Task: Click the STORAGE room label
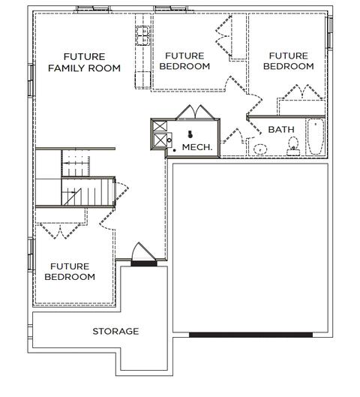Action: point(115,331)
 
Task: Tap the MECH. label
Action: point(197,147)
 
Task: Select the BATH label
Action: point(281,130)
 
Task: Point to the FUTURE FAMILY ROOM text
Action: point(84,62)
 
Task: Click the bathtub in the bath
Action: point(316,137)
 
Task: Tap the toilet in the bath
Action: point(293,146)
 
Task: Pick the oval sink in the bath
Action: point(260,149)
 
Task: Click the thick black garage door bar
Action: point(250,335)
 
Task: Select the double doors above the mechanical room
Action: point(195,112)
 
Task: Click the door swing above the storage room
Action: point(143,251)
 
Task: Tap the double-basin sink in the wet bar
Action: point(142,35)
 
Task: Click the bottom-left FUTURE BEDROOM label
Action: point(70,272)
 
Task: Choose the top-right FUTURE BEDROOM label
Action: point(289,61)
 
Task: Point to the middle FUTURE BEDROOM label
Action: point(184,61)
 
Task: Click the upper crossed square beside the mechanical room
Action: point(160,126)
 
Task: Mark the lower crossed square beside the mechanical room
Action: point(160,140)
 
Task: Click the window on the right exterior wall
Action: point(330,32)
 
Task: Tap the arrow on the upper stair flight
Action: point(76,164)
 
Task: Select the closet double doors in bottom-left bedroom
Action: point(60,231)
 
